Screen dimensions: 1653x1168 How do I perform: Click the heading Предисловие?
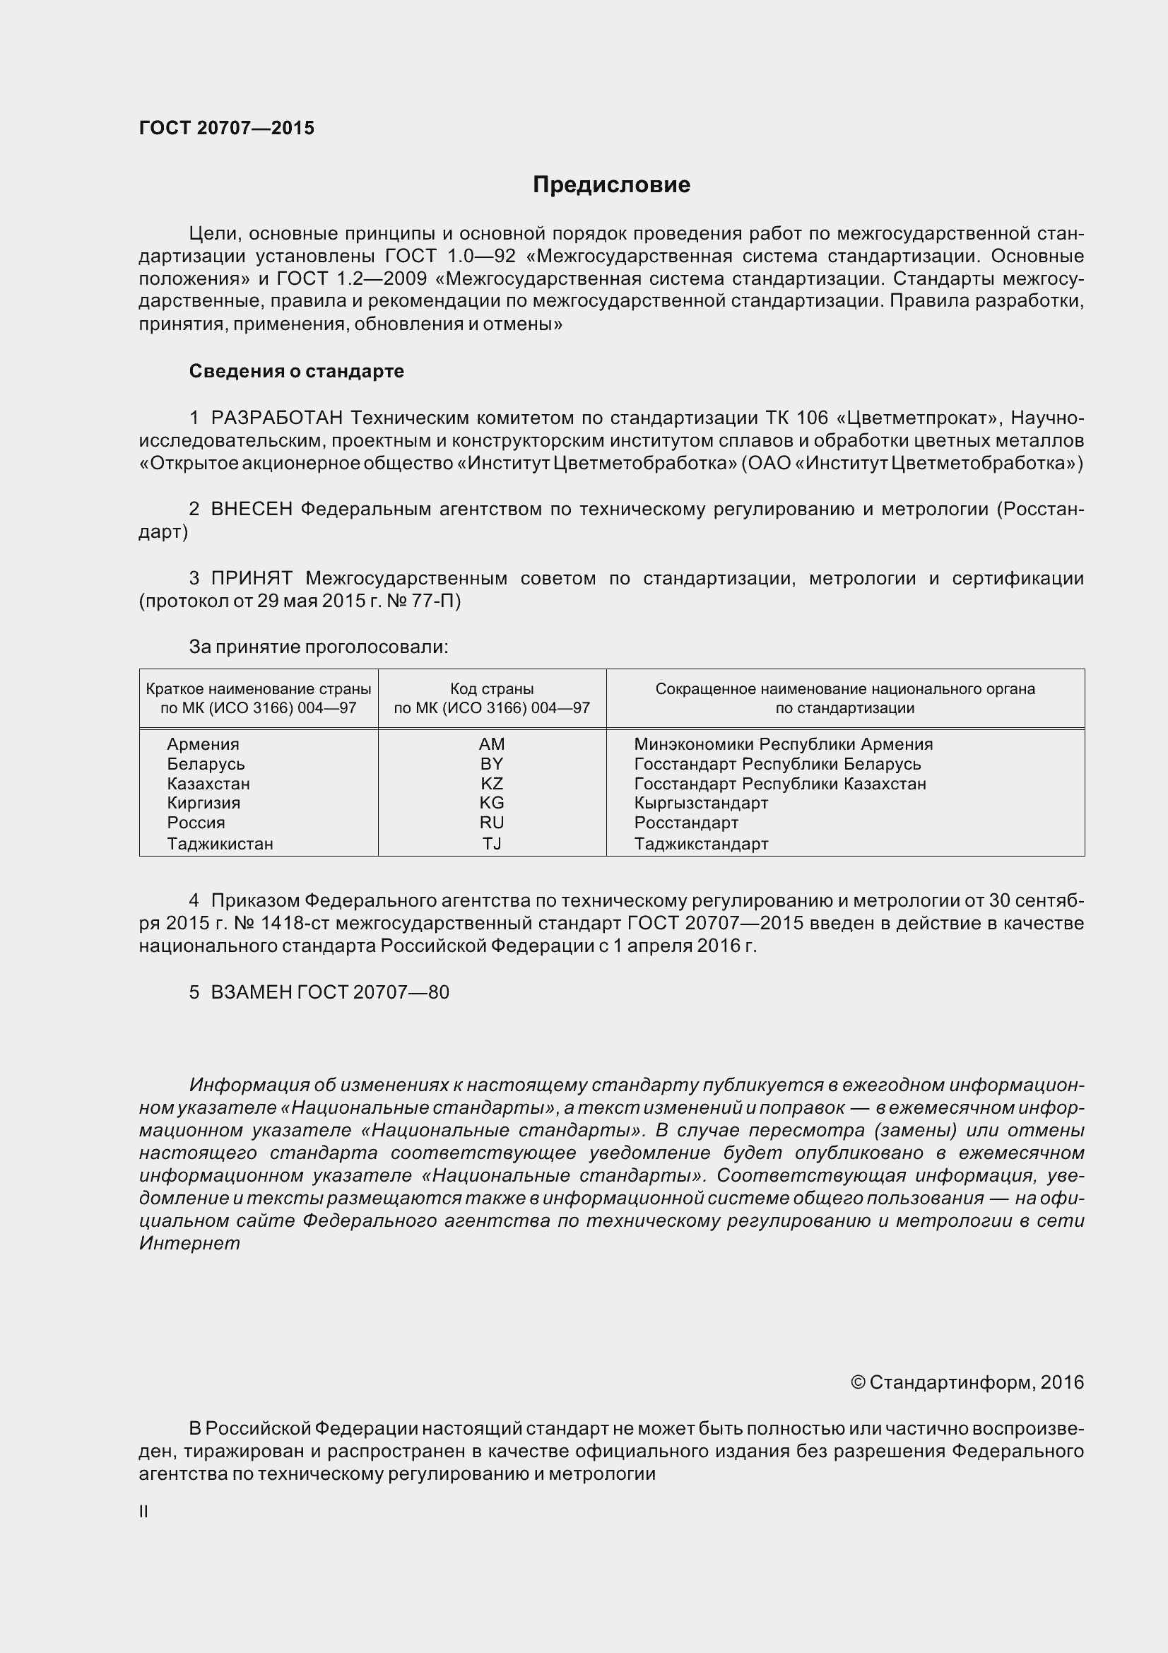[x=611, y=185]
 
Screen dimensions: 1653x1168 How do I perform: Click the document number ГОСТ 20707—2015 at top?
[x=227, y=128]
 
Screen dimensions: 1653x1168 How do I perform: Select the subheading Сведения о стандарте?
[x=297, y=371]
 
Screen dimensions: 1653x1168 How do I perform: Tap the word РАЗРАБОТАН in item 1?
[x=277, y=418]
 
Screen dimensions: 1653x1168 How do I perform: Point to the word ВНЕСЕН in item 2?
[x=251, y=509]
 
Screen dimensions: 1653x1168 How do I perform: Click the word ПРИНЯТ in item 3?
[x=251, y=578]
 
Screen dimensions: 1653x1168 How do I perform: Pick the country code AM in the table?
[x=492, y=743]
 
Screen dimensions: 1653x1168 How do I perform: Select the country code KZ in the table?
[x=492, y=783]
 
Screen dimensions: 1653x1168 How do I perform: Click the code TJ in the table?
[x=492, y=843]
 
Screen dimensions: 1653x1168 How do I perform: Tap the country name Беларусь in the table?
[x=206, y=764]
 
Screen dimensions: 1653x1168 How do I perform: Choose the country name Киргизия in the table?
[x=203, y=803]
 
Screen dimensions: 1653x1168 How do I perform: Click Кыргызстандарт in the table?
[x=701, y=803]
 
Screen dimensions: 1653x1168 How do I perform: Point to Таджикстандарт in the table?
[x=701, y=843]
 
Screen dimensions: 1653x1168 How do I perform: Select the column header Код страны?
[x=492, y=689]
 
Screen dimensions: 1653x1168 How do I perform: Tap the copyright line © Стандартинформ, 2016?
[x=967, y=1382]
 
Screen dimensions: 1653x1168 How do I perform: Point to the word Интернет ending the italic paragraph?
[x=189, y=1243]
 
